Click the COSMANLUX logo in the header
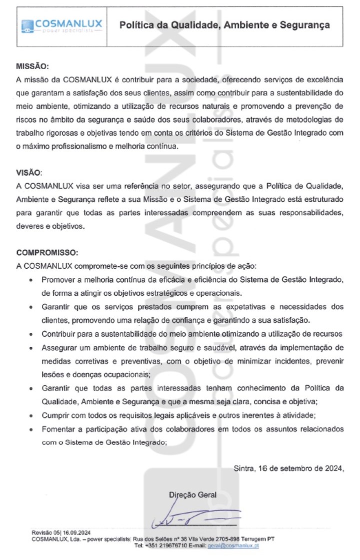(x=61, y=26)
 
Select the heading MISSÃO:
(x=33, y=66)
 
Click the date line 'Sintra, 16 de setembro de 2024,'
(x=289, y=468)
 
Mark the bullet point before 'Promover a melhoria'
(x=32, y=280)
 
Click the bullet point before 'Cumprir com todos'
(x=32, y=415)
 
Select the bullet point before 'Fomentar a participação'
(x=32, y=429)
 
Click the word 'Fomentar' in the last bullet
(x=58, y=429)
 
